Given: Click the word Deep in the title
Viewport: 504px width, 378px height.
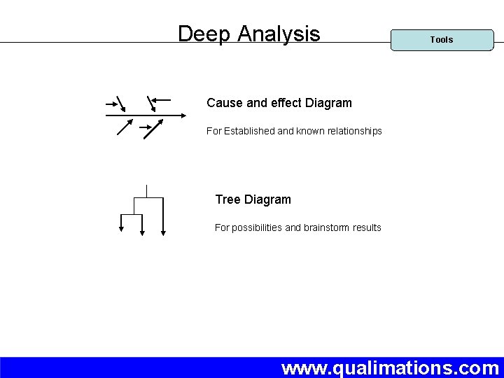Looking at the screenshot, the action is (x=204, y=34).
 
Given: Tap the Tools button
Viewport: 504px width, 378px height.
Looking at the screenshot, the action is (x=441, y=40).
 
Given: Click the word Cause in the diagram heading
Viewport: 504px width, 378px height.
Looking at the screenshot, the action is (x=224, y=103).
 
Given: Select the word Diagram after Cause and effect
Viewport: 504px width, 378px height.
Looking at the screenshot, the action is (x=328, y=103).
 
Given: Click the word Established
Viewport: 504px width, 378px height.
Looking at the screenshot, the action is (x=249, y=131).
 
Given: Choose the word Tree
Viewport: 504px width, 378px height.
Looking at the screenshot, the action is (x=228, y=199).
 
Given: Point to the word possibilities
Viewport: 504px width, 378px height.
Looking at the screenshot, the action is (x=256, y=227).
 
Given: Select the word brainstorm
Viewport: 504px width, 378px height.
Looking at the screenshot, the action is (x=329, y=227).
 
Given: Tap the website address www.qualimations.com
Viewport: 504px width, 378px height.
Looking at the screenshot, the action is (x=390, y=367).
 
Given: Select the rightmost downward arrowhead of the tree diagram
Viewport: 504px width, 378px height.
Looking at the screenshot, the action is (x=163, y=233).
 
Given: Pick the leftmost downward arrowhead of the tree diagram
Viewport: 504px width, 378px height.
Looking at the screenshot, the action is (x=121, y=227).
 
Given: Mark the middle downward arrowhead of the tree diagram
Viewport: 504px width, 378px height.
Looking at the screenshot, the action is (x=142, y=233).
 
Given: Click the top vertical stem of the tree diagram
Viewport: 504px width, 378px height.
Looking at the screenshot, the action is (x=146, y=190).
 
